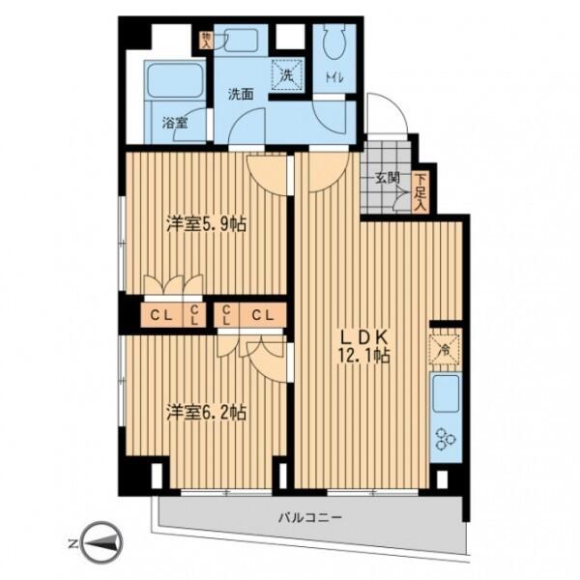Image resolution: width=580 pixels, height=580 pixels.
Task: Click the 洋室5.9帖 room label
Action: coord(206,224)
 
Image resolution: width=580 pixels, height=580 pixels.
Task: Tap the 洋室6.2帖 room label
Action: coord(206,412)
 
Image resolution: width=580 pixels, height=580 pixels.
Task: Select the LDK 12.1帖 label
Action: coord(363,346)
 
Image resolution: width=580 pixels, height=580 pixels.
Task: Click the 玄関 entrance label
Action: coord(388,178)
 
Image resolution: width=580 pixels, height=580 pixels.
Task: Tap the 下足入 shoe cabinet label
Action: coord(420,192)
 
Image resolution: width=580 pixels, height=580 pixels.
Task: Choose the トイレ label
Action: coord(334,78)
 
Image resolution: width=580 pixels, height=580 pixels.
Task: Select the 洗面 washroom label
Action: coord(241,95)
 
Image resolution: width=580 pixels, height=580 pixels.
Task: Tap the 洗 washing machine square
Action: coord(287,74)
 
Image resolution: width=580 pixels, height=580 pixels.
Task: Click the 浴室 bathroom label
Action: coord(175,123)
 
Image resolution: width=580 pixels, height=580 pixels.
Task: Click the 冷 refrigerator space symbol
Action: coord(445,349)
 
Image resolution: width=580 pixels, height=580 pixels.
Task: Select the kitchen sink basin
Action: coord(446,393)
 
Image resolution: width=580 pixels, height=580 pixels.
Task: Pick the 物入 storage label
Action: coord(205,41)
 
